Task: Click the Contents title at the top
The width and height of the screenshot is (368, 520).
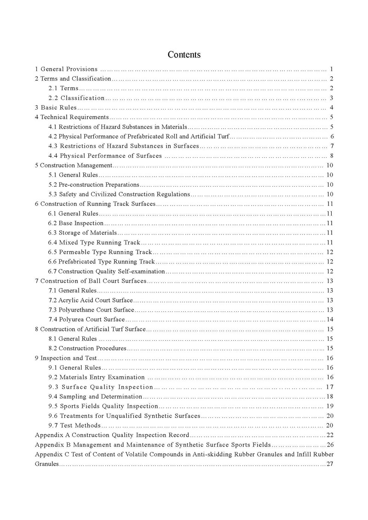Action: [x=184, y=55]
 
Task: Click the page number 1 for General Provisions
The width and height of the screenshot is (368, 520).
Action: [x=331, y=69]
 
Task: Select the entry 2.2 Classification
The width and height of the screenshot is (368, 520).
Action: [x=77, y=98]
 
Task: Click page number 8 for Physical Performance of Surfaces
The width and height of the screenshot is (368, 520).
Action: [x=331, y=156]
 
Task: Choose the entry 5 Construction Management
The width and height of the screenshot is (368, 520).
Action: [x=74, y=166]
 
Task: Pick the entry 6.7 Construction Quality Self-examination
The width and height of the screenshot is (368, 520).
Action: [x=106, y=271]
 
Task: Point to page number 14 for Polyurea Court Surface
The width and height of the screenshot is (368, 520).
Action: [x=330, y=320]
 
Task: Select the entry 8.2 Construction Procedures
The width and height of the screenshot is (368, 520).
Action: [x=87, y=349]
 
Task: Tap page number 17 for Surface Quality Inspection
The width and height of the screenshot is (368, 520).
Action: [x=329, y=387]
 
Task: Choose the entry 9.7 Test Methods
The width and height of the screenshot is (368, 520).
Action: [x=74, y=425]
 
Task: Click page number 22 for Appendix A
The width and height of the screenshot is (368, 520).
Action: [x=329, y=435]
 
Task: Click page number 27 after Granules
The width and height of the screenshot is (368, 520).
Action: [x=329, y=464]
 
